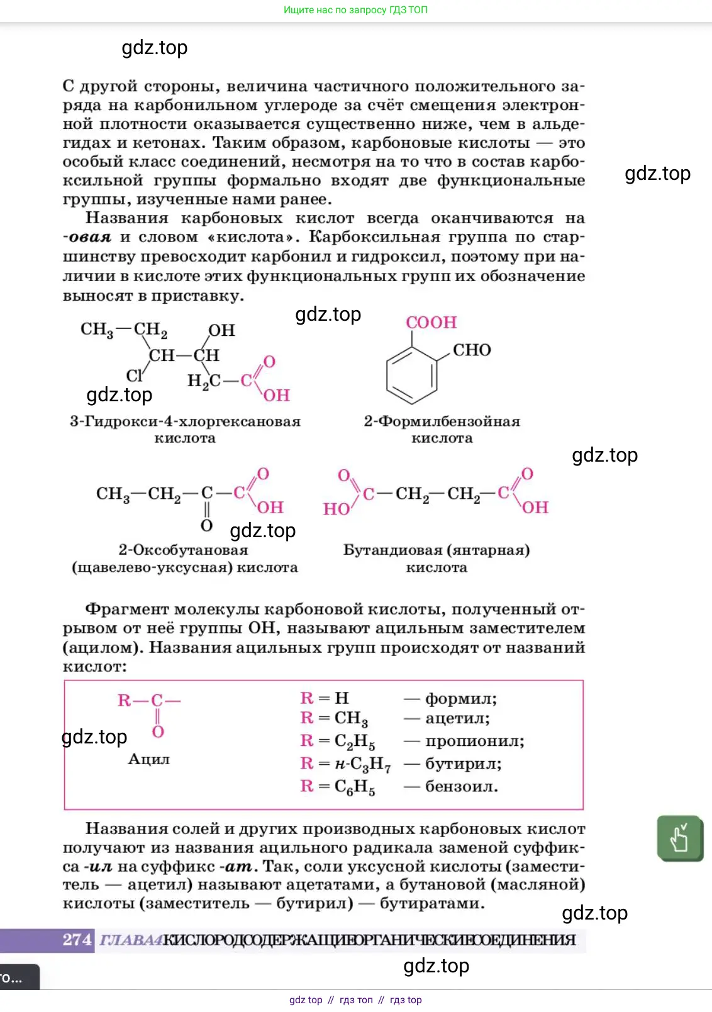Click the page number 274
click(77, 940)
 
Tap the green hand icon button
click(679, 838)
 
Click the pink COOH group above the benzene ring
click(431, 323)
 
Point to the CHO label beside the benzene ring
click(472, 350)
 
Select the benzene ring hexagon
click(412, 376)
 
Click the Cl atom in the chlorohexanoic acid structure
click(135, 375)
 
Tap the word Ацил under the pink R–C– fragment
click(149, 759)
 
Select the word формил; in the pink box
click(461, 699)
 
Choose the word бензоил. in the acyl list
click(462, 786)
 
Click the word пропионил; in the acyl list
click(475, 741)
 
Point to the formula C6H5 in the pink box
click(355, 787)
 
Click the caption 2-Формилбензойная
click(442, 421)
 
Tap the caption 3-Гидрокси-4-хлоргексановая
click(185, 421)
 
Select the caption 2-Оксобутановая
click(184, 550)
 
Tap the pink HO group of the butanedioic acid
click(337, 509)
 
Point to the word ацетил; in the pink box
click(457, 718)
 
